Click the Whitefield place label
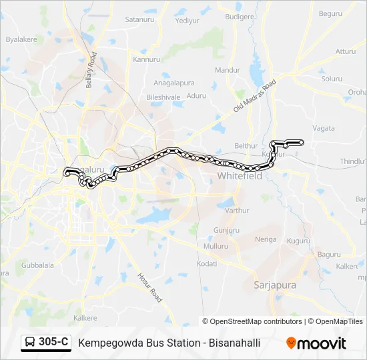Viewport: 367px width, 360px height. pyautogui.click(x=240, y=176)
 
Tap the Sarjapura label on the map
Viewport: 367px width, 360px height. pyautogui.click(x=274, y=285)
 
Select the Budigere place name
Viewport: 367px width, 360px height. pyautogui.click(x=240, y=17)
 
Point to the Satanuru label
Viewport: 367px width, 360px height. pyautogui.click(x=139, y=20)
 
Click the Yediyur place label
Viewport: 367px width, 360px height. pyautogui.click(x=187, y=21)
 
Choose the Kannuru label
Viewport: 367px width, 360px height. pyautogui.click(x=147, y=59)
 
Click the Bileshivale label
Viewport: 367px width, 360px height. pyautogui.click(x=163, y=97)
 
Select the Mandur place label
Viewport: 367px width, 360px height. pyautogui.click(x=228, y=70)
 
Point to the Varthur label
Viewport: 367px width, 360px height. pyautogui.click(x=236, y=211)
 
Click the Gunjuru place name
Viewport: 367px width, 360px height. pyautogui.click(x=227, y=230)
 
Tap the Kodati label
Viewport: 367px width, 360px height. pyautogui.click(x=207, y=264)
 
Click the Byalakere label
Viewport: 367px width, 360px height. pyautogui.click(x=21, y=40)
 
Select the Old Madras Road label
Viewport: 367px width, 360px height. pyautogui.click(x=254, y=98)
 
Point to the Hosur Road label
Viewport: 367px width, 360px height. pyautogui.click(x=150, y=287)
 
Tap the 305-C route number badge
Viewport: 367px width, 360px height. pyautogui.click(x=46, y=343)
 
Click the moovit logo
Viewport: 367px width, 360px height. pyautogui.click(x=316, y=343)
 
